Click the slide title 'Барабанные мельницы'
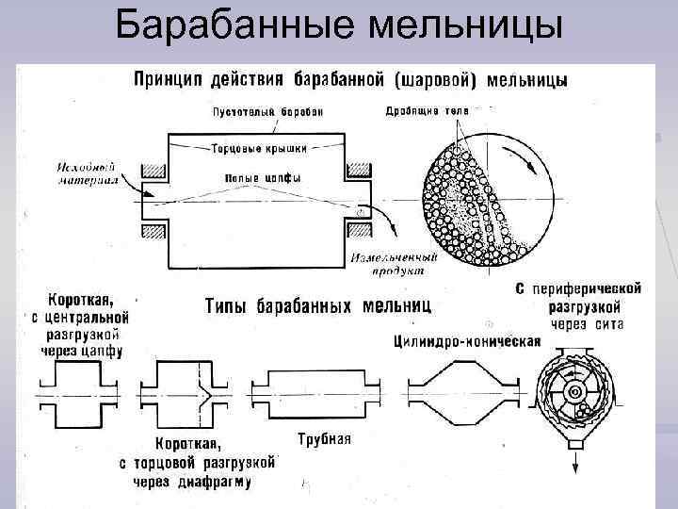[339, 28]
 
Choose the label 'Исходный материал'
[86, 172]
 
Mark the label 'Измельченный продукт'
[394, 263]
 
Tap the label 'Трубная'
[323, 438]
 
